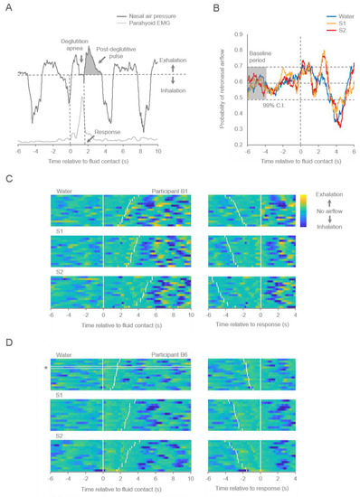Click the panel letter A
coord(8,11)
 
